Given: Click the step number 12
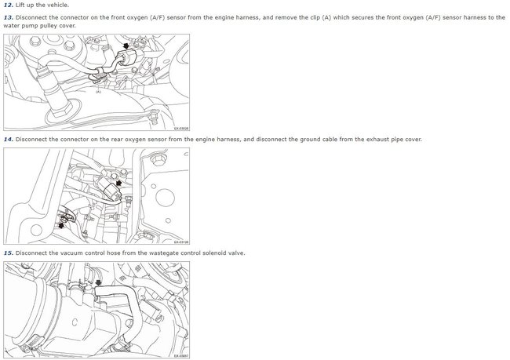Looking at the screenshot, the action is point(9,5).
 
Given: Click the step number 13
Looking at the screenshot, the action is point(9,17).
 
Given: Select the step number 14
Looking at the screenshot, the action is point(9,140).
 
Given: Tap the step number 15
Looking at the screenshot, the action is point(9,253).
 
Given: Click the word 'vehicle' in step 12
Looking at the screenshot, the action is point(58,5).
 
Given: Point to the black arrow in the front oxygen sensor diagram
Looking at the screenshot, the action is point(126,45).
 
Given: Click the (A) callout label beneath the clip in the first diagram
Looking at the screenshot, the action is point(98,92).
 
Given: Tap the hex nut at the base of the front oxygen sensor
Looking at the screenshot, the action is point(60,110).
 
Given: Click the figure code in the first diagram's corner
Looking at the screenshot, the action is point(181,129).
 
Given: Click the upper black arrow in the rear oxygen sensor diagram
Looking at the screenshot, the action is point(118,183).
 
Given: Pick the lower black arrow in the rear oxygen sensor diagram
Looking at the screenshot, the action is point(60,225).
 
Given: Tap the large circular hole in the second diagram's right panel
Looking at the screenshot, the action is point(166,197).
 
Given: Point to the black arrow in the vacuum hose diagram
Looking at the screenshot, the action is point(98,283).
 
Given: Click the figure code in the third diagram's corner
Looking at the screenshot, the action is point(181,356).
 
